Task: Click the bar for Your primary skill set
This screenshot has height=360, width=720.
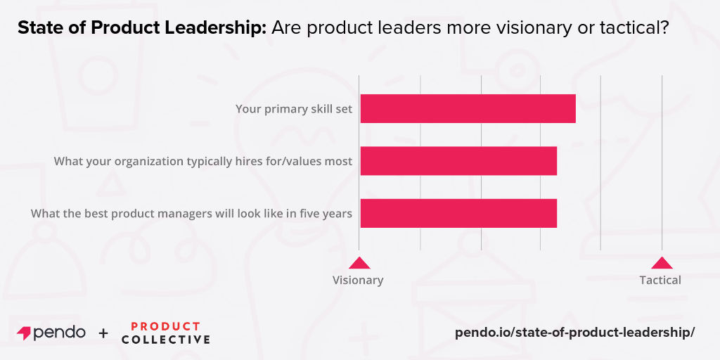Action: [x=468, y=108]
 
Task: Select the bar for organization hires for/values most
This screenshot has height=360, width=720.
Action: [x=458, y=161]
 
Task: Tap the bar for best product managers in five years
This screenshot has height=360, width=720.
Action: [x=458, y=213]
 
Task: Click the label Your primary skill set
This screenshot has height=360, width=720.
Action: [x=294, y=109]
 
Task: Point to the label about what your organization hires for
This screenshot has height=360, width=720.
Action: [x=203, y=161]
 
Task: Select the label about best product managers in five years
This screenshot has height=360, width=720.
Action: [x=191, y=213]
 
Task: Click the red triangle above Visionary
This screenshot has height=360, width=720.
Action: [x=359, y=263]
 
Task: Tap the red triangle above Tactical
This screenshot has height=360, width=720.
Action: [x=661, y=263]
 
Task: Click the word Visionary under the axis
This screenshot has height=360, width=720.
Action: [x=358, y=280]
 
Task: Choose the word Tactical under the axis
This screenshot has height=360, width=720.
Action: [x=660, y=280]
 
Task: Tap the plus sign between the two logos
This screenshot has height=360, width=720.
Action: [x=103, y=333]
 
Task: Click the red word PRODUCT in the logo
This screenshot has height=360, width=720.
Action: [x=165, y=326]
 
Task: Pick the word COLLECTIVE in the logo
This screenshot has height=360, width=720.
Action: [x=165, y=340]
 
